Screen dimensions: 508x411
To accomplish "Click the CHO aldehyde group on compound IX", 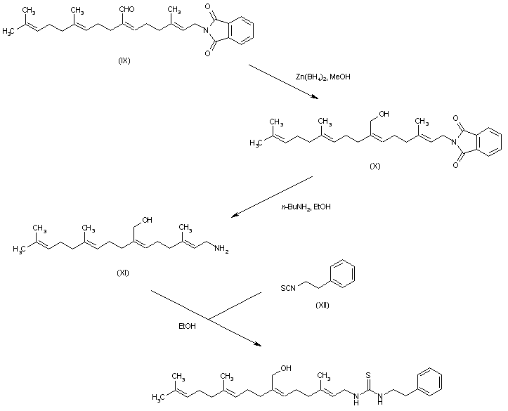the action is pyautogui.click(x=127, y=9).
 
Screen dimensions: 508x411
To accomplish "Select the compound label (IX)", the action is pyautogui.click(x=124, y=60).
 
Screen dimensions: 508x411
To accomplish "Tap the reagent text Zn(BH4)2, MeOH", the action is pyautogui.click(x=323, y=77).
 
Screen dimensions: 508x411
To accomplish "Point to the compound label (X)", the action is pyautogui.click(x=375, y=166).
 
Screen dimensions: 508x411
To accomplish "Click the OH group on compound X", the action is pyautogui.click(x=384, y=114).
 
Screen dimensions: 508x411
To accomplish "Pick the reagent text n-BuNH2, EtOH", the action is pyautogui.click(x=306, y=207).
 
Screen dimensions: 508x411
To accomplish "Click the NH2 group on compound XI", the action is pyautogui.click(x=221, y=249).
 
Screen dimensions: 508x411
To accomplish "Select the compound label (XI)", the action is pyautogui.click(x=123, y=273).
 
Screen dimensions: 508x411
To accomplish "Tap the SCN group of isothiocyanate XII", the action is pyautogui.click(x=288, y=287).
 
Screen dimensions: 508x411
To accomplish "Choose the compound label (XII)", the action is pyautogui.click(x=323, y=305).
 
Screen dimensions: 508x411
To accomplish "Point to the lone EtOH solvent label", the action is pyautogui.click(x=188, y=326).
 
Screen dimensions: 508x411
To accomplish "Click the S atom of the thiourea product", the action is pyautogui.click(x=368, y=375).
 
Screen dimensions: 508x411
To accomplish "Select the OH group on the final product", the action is pyautogui.click(x=286, y=368).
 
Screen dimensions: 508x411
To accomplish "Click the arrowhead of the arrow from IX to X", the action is pyautogui.click(x=315, y=97).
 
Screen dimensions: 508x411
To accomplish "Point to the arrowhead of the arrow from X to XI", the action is pyautogui.click(x=235, y=215).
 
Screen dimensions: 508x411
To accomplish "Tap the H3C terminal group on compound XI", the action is pyautogui.click(x=19, y=249).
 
